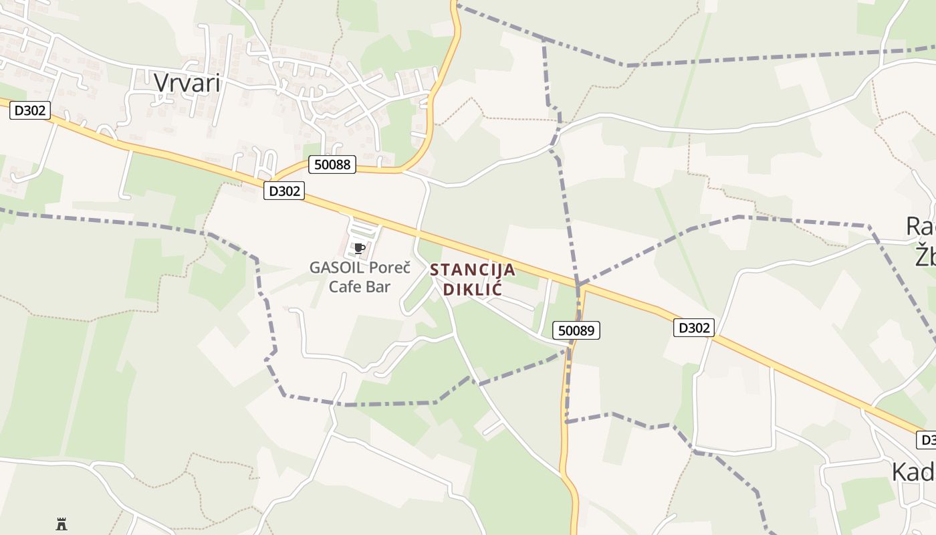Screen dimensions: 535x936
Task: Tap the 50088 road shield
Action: point(332,164)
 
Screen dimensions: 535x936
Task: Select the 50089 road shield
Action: point(576,330)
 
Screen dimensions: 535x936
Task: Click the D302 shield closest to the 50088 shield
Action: point(284,191)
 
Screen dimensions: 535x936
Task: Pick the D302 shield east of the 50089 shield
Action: point(693,328)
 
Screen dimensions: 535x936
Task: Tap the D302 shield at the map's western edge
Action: point(30,110)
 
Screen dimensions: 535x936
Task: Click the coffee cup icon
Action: point(359,249)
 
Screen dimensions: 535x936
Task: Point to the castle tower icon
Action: point(62,524)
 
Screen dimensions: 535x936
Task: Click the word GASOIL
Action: point(336,268)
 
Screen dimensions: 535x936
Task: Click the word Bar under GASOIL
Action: point(378,287)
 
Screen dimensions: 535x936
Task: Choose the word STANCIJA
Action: point(473,270)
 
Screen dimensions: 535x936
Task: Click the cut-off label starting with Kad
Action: point(913,471)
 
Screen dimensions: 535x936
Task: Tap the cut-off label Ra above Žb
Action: point(920,227)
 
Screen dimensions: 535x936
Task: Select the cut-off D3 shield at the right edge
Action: point(926,440)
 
